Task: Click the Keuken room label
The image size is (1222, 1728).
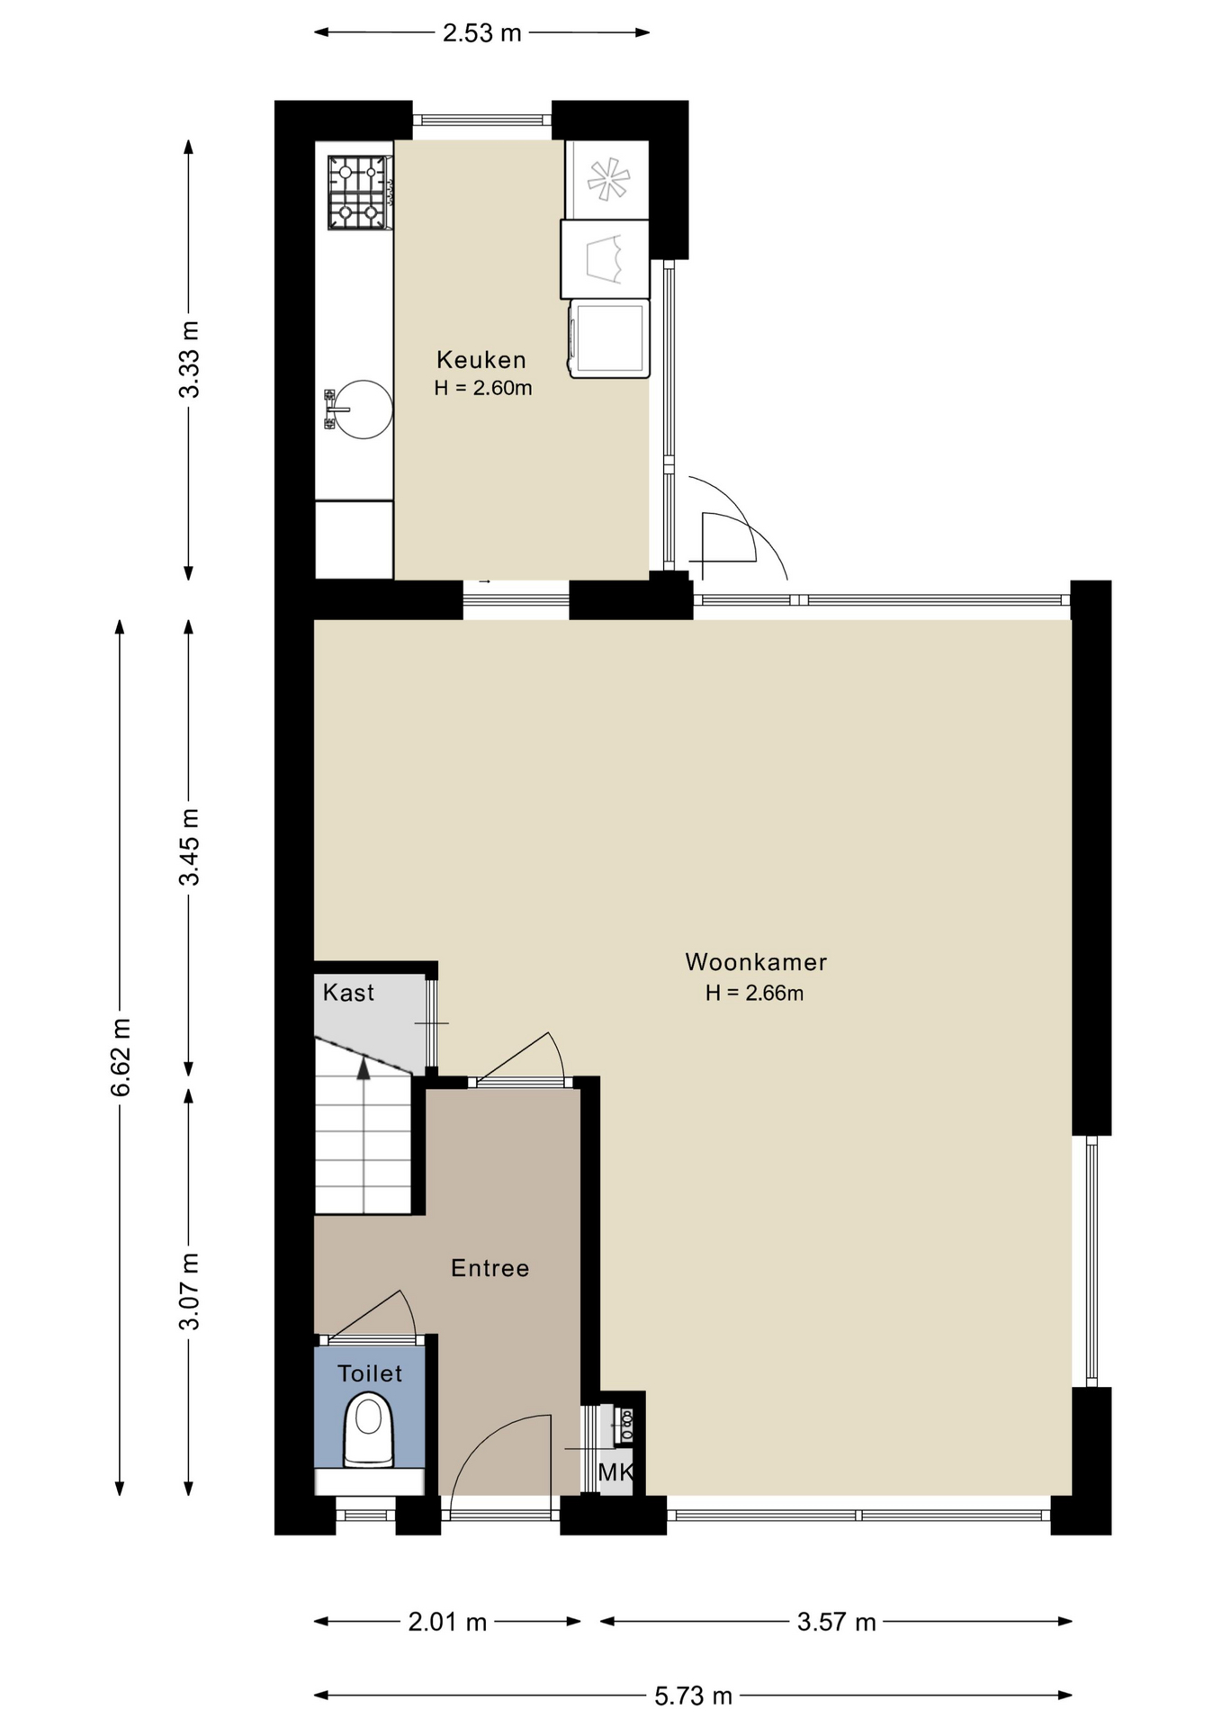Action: pos(481,360)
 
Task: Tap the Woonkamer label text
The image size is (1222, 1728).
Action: pos(756,962)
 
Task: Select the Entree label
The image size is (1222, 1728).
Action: pos(490,1268)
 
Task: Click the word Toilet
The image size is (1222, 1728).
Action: pos(370,1373)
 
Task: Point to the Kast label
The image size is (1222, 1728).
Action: pos(348,993)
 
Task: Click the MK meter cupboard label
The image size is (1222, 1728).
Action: pos(616,1472)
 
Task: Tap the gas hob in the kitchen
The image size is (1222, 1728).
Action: pos(360,193)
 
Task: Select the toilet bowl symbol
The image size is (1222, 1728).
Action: pos(369,1430)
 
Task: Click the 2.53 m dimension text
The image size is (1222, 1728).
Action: pos(482,33)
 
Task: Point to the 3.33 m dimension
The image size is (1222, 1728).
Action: pos(189,359)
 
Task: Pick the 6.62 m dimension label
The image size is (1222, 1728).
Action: pos(121,1057)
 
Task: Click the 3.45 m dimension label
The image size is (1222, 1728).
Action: pos(189,847)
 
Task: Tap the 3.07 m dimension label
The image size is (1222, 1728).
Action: pos(189,1291)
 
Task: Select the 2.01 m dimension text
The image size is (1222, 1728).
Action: pos(447,1622)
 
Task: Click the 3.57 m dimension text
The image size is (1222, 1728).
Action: pos(837,1622)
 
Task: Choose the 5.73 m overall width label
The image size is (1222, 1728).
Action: pos(693,1696)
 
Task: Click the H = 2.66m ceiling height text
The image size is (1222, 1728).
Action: pos(754,994)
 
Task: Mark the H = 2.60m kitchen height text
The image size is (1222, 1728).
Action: pos(483,389)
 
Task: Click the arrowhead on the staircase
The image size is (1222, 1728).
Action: pos(364,1068)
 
